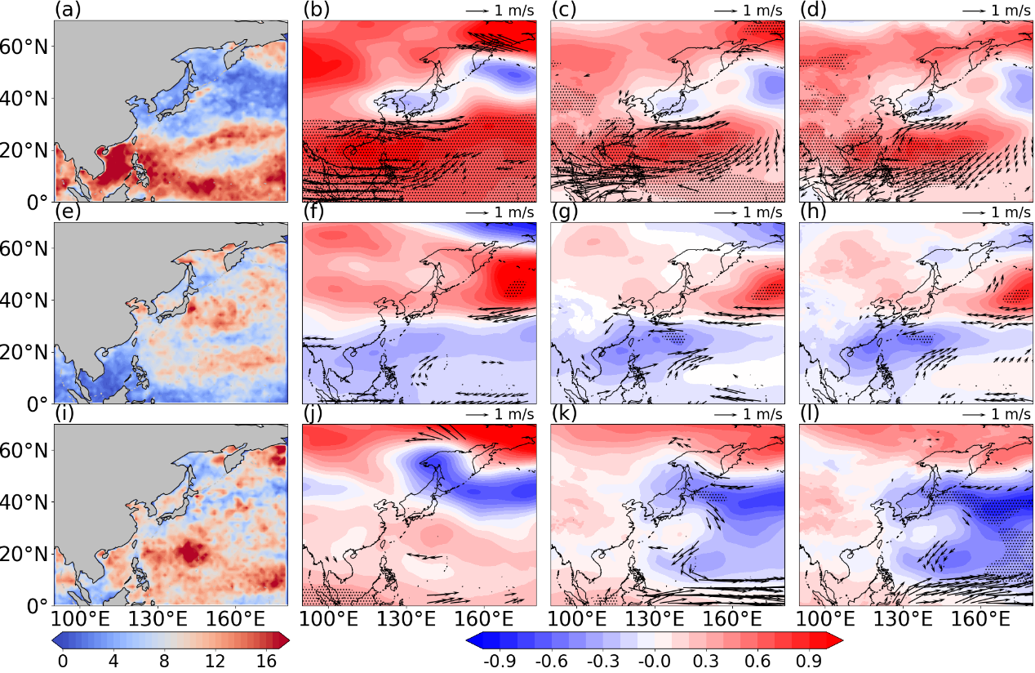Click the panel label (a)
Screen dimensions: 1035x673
(x=68, y=10)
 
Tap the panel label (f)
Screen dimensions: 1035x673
(x=314, y=212)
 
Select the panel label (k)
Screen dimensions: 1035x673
(x=564, y=414)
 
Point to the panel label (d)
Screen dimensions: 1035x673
(x=813, y=10)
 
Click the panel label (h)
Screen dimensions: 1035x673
(x=813, y=212)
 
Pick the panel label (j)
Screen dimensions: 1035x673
(x=314, y=414)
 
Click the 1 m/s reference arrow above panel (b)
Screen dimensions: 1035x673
(x=478, y=11)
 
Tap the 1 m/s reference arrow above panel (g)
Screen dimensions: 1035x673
(x=726, y=212)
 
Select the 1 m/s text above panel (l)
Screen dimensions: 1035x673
(x=1011, y=414)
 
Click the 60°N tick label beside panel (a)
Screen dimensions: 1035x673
(x=23, y=47)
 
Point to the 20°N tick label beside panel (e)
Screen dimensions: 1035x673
(x=23, y=353)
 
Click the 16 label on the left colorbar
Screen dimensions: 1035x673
(x=266, y=661)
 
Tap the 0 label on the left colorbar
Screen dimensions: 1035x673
(x=62, y=661)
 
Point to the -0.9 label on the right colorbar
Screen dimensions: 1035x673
(x=499, y=661)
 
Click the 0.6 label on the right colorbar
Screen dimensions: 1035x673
(x=757, y=661)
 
